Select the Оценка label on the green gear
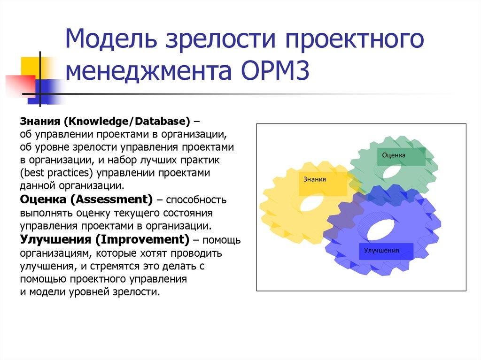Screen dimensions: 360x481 pos(394,155)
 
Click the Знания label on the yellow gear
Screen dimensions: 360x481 pos(315,179)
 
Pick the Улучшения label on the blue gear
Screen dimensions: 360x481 pos(381,250)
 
